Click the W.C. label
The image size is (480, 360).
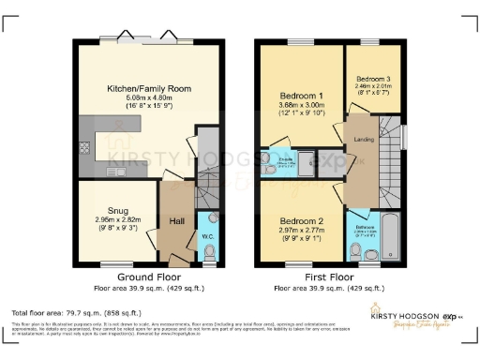[x=208, y=236]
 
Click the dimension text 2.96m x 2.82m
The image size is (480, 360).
[x=117, y=220]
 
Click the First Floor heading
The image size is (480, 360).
[x=335, y=278]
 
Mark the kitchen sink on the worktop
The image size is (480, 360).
[x=118, y=172]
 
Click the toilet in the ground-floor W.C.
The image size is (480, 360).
[x=209, y=253]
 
